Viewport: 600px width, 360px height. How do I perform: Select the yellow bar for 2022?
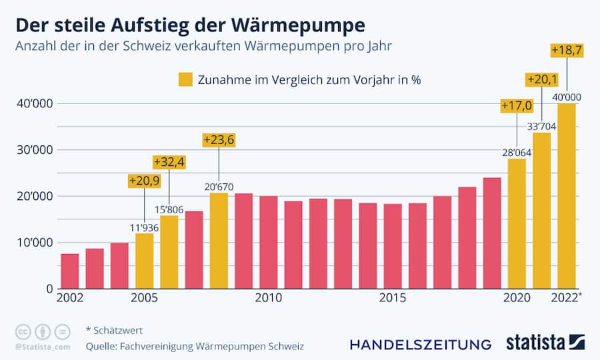[567, 196]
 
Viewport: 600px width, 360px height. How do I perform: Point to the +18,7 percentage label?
[567, 50]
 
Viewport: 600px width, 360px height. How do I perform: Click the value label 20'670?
[219, 187]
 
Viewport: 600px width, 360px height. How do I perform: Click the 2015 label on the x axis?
[392, 297]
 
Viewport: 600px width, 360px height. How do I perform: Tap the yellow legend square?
[185, 79]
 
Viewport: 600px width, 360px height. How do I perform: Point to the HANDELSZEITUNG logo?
[420, 344]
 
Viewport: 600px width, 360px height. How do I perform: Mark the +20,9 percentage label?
[144, 181]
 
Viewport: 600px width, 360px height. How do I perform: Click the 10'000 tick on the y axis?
[31, 242]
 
